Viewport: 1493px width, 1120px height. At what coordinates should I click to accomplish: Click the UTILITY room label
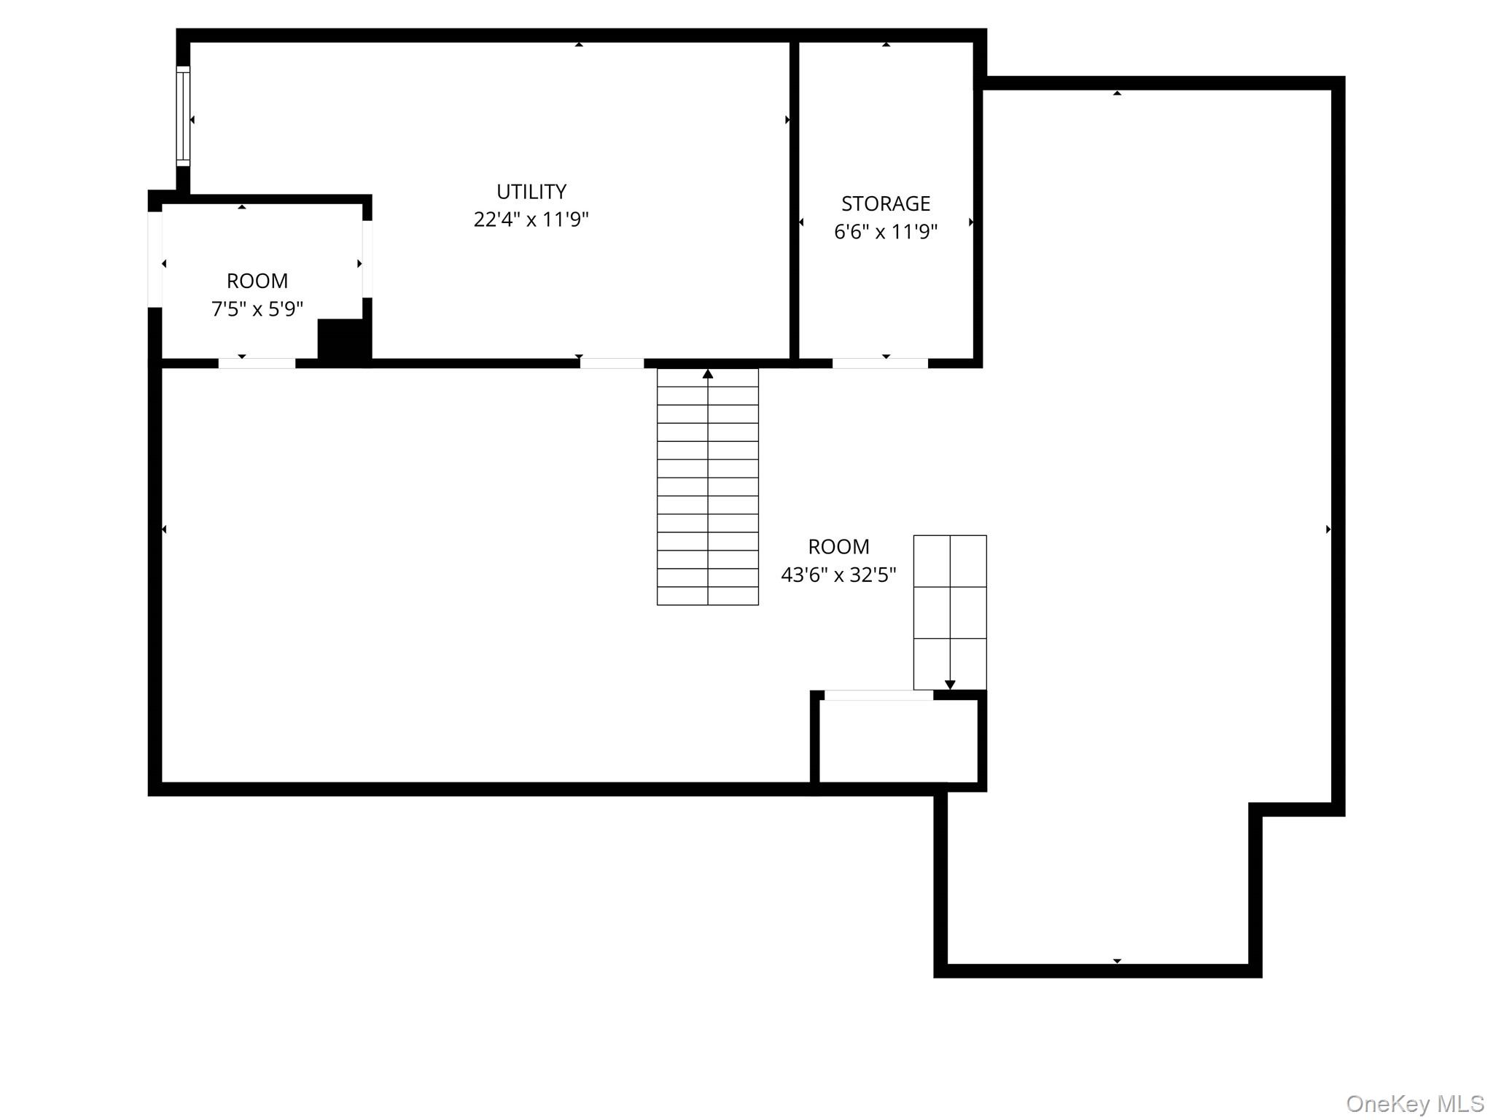coord(531,192)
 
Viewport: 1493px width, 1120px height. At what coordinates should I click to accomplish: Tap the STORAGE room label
coord(886,203)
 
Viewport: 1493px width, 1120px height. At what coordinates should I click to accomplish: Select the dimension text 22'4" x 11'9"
coord(531,219)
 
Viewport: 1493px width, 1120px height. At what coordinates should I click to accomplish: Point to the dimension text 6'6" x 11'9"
coord(886,232)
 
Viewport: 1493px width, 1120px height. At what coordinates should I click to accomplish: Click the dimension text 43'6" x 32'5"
coord(838,575)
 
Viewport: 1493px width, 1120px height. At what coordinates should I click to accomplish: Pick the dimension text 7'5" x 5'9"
coord(257,309)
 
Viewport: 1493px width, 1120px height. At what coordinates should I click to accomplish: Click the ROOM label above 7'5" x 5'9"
coord(257,281)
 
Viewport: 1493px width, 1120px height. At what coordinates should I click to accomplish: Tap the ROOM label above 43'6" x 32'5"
coord(838,547)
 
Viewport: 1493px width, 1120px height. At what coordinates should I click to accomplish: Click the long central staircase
coord(708,487)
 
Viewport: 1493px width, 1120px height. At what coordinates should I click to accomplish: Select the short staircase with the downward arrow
coord(950,612)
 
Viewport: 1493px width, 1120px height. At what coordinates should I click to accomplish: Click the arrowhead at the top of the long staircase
coord(708,374)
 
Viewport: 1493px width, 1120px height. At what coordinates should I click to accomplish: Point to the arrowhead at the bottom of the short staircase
coord(950,685)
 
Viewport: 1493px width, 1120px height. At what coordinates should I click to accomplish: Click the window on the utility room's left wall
coord(183,116)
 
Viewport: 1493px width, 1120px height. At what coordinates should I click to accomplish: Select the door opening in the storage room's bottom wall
coord(880,363)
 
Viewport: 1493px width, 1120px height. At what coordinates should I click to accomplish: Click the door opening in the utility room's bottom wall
coord(612,363)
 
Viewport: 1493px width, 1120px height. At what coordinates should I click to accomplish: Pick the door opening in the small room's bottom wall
coord(257,363)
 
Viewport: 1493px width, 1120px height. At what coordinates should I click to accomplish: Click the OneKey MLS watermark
coord(1415,1103)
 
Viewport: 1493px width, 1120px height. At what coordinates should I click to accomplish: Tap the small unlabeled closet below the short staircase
coord(898,741)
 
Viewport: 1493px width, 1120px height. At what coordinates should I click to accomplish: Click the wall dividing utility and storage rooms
coord(795,201)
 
